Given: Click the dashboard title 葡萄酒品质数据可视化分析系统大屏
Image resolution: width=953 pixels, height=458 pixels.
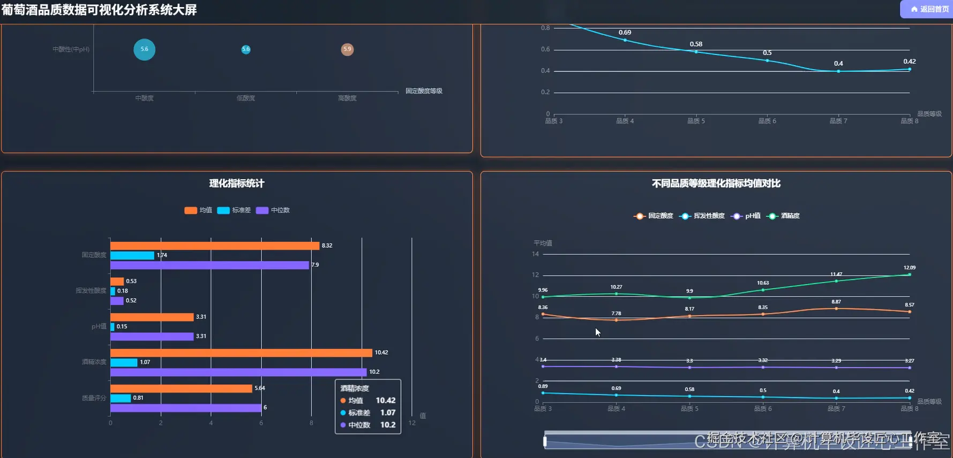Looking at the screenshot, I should click(x=99, y=10).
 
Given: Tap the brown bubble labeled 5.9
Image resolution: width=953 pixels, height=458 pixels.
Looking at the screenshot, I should click(x=347, y=49).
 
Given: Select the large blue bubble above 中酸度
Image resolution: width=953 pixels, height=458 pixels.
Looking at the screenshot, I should click(x=144, y=49).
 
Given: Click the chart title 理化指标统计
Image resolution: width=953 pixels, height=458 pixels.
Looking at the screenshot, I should click(x=236, y=184).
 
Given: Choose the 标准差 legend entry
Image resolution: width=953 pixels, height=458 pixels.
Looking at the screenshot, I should click(x=234, y=210).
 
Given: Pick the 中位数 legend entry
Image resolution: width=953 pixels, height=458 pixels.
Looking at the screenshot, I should click(x=273, y=210).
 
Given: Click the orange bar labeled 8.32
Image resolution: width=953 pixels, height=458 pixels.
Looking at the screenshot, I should click(x=214, y=246).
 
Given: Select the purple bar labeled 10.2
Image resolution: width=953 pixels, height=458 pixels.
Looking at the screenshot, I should click(x=238, y=372).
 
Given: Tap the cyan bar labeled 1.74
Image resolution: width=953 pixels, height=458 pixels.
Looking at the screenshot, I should click(x=132, y=255).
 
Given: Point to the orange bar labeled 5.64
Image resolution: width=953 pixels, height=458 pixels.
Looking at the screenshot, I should click(x=181, y=388).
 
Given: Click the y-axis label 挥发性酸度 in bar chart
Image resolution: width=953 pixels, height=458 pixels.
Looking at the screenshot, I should click(x=91, y=291).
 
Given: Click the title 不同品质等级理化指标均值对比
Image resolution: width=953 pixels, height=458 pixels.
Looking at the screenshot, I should click(x=716, y=184).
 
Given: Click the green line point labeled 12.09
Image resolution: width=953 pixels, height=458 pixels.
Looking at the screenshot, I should click(x=909, y=274).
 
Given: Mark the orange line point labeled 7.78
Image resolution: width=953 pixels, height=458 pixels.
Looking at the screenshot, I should click(x=616, y=320).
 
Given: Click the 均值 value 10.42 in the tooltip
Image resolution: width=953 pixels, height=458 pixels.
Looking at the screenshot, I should click(x=385, y=400).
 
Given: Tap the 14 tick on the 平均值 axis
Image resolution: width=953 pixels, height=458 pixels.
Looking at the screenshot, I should click(x=535, y=254).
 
